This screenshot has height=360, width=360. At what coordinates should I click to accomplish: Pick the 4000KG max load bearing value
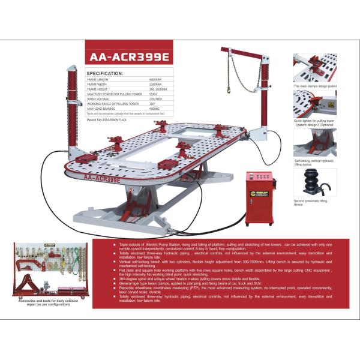click(x=154, y=108)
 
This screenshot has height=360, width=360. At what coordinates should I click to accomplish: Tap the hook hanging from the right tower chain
click(x=228, y=91)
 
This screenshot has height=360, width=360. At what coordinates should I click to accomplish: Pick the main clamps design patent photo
click(x=314, y=68)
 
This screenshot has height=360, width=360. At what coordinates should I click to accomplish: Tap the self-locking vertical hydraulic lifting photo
click(x=314, y=142)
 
